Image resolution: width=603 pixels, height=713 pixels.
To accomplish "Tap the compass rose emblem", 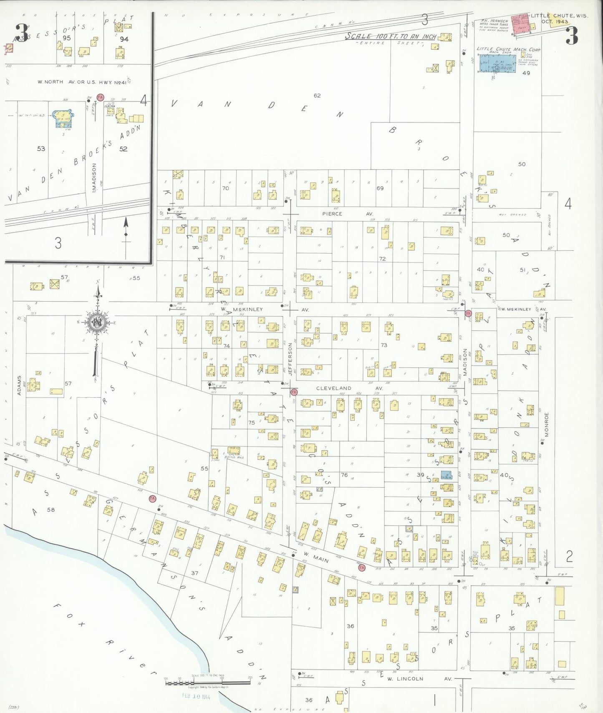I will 97,322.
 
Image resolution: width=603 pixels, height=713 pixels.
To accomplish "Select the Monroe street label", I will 547,425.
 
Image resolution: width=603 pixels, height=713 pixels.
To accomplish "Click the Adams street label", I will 19,385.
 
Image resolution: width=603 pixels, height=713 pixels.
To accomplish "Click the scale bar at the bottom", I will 208,683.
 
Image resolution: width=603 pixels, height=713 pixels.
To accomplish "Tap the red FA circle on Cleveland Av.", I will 294,392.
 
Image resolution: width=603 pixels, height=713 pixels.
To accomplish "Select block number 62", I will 317,96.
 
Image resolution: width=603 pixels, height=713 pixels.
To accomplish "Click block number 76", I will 344,475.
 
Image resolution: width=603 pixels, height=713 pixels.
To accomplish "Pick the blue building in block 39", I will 446,475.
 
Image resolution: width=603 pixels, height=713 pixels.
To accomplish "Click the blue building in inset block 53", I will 63,118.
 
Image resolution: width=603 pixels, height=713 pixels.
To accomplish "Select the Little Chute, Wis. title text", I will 559,16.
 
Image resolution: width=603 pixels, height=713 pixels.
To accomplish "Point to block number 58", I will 51,509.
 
